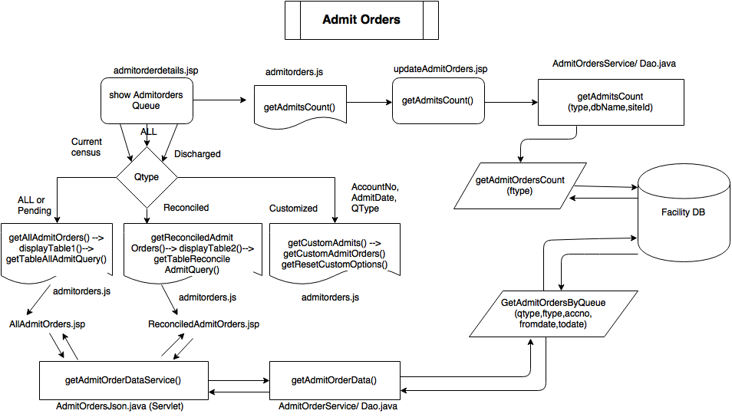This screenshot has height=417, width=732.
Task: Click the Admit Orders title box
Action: coord(361,20)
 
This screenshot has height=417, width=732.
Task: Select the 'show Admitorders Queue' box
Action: coord(146,100)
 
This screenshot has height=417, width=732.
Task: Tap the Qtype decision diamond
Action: coord(146,176)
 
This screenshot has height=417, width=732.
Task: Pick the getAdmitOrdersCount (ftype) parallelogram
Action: coord(521,185)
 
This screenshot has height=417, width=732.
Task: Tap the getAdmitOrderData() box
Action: coord(335,379)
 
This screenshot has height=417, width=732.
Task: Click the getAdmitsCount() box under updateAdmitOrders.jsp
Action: coord(438,100)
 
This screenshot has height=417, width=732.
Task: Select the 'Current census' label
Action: coord(87,147)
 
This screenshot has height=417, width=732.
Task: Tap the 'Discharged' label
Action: coord(197,154)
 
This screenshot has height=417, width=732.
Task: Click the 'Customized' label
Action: coord(293,208)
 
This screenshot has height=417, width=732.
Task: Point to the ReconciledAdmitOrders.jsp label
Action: coord(203,324)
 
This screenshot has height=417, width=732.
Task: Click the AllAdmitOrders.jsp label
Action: coord(47,324)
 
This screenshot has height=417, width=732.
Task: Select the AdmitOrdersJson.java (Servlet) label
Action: coord(120,407)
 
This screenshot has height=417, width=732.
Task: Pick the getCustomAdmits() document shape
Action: coord(335,253)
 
